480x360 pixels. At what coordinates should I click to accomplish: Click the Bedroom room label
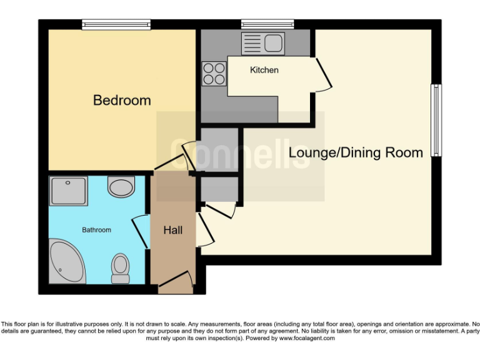[122, 100]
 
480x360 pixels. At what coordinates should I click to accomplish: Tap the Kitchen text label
[264, 70]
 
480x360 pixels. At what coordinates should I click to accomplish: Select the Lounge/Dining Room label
[356, 152]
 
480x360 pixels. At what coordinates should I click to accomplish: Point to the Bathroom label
[97, 230]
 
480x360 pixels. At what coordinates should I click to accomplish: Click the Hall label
[172, 231]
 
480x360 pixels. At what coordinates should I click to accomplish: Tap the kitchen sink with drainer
[262, 43]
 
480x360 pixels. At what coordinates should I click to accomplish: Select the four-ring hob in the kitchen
[214, 74]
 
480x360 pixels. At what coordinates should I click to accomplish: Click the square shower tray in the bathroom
[68, 191]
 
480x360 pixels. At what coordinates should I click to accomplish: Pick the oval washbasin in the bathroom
[121, 186]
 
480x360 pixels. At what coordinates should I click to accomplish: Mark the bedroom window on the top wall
[116, 24]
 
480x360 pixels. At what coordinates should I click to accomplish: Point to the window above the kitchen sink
[267, 24]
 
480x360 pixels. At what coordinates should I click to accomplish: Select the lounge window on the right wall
[437, 120]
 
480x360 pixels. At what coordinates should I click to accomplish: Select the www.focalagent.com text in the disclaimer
[306, 338]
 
